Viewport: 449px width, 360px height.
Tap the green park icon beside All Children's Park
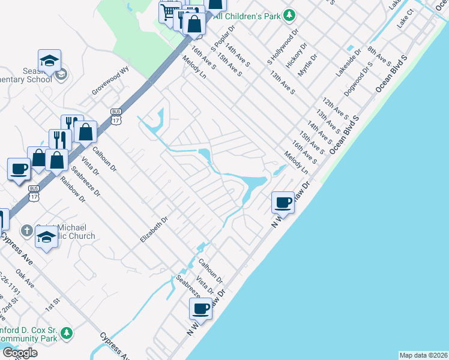click(289, 14)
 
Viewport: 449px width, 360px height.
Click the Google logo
click(20, 353)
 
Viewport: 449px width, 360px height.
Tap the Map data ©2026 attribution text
click(424, 355)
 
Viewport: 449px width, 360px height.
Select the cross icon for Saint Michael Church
click(26, 230)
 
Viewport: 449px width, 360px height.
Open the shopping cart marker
click(169, 11)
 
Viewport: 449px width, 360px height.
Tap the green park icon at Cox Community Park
click(67, 332)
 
